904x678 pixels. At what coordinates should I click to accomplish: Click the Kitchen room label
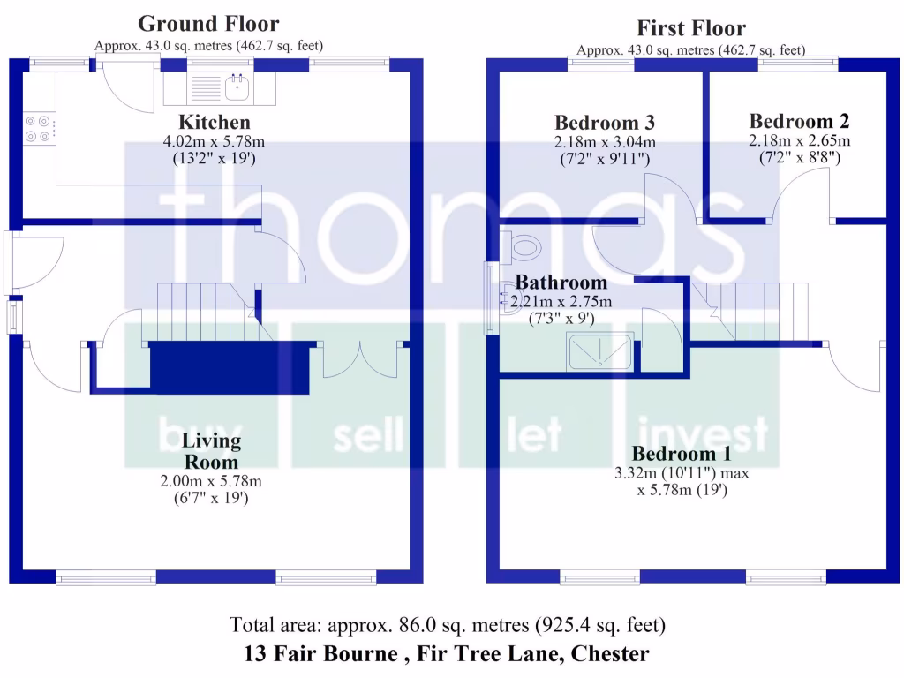(215, 123)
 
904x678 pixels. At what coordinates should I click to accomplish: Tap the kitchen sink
(236, 87)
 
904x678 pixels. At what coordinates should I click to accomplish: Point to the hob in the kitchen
(38, 129)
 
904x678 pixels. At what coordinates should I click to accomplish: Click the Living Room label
(212, 451)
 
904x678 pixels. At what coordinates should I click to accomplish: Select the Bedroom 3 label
(605, 123)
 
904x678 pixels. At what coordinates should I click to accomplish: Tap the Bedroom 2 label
(799, 121)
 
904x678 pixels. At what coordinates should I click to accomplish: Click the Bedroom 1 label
(682, 455)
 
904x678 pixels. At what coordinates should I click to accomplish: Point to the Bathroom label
(561, 282)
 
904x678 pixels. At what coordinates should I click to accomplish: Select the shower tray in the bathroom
(601, 351)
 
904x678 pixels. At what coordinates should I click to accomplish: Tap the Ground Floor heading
(208, 24)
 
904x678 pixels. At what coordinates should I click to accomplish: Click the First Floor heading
(691, 28)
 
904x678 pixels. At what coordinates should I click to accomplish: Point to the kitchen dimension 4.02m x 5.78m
(214, 141)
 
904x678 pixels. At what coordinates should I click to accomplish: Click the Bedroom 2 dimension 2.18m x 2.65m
(799, 140)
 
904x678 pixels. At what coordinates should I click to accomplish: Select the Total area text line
(448, 625)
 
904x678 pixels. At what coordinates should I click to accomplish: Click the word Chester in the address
(610, 654)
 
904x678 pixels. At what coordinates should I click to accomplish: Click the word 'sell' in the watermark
(369, 435)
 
